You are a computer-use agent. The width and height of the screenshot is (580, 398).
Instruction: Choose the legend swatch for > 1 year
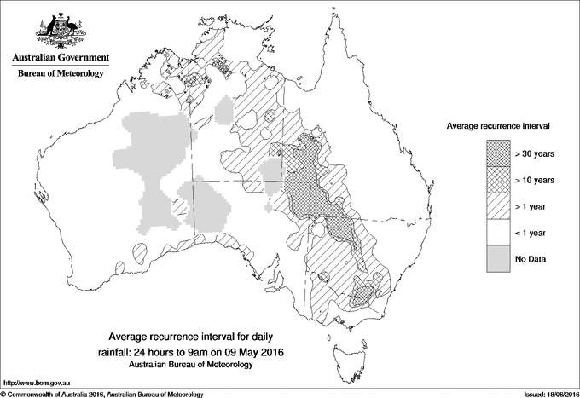(x=498, y=205)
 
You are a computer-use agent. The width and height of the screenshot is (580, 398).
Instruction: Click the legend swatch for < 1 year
(x=498, y=231)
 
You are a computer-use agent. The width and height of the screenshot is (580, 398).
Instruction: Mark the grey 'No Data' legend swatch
(x=498, y=257)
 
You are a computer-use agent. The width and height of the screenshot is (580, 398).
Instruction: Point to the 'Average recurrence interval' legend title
(x=498, y=125)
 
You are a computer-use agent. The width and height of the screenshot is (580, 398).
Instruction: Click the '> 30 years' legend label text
(x=534, y=153)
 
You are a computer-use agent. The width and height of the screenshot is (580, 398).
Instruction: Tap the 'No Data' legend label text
(x=531, y=258)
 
